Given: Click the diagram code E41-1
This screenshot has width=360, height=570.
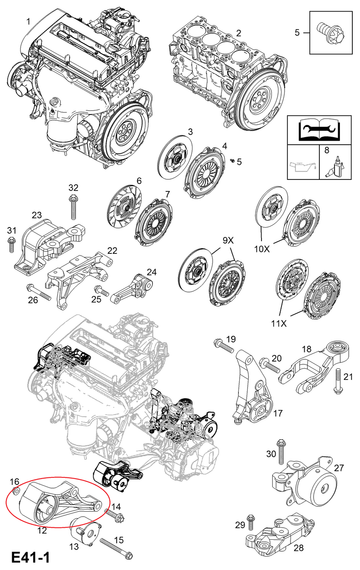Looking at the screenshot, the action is coord(31,557).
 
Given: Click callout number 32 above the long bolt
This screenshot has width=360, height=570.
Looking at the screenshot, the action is coord(73,188).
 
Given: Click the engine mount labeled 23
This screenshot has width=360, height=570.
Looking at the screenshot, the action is coord(49,246).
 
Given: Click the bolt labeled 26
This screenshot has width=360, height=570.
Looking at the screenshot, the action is coord(38,292).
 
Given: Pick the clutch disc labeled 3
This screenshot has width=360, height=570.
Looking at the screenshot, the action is coord(175,156).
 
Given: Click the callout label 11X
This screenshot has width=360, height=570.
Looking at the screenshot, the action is coord(279,322).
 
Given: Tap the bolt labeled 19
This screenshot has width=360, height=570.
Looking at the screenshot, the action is coord(224,345).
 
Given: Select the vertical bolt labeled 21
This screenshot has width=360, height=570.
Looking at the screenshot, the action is coord(337,381).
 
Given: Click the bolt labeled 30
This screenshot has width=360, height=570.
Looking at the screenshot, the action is coord(280,451).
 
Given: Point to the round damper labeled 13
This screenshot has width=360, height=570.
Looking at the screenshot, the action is coord(85,533).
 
